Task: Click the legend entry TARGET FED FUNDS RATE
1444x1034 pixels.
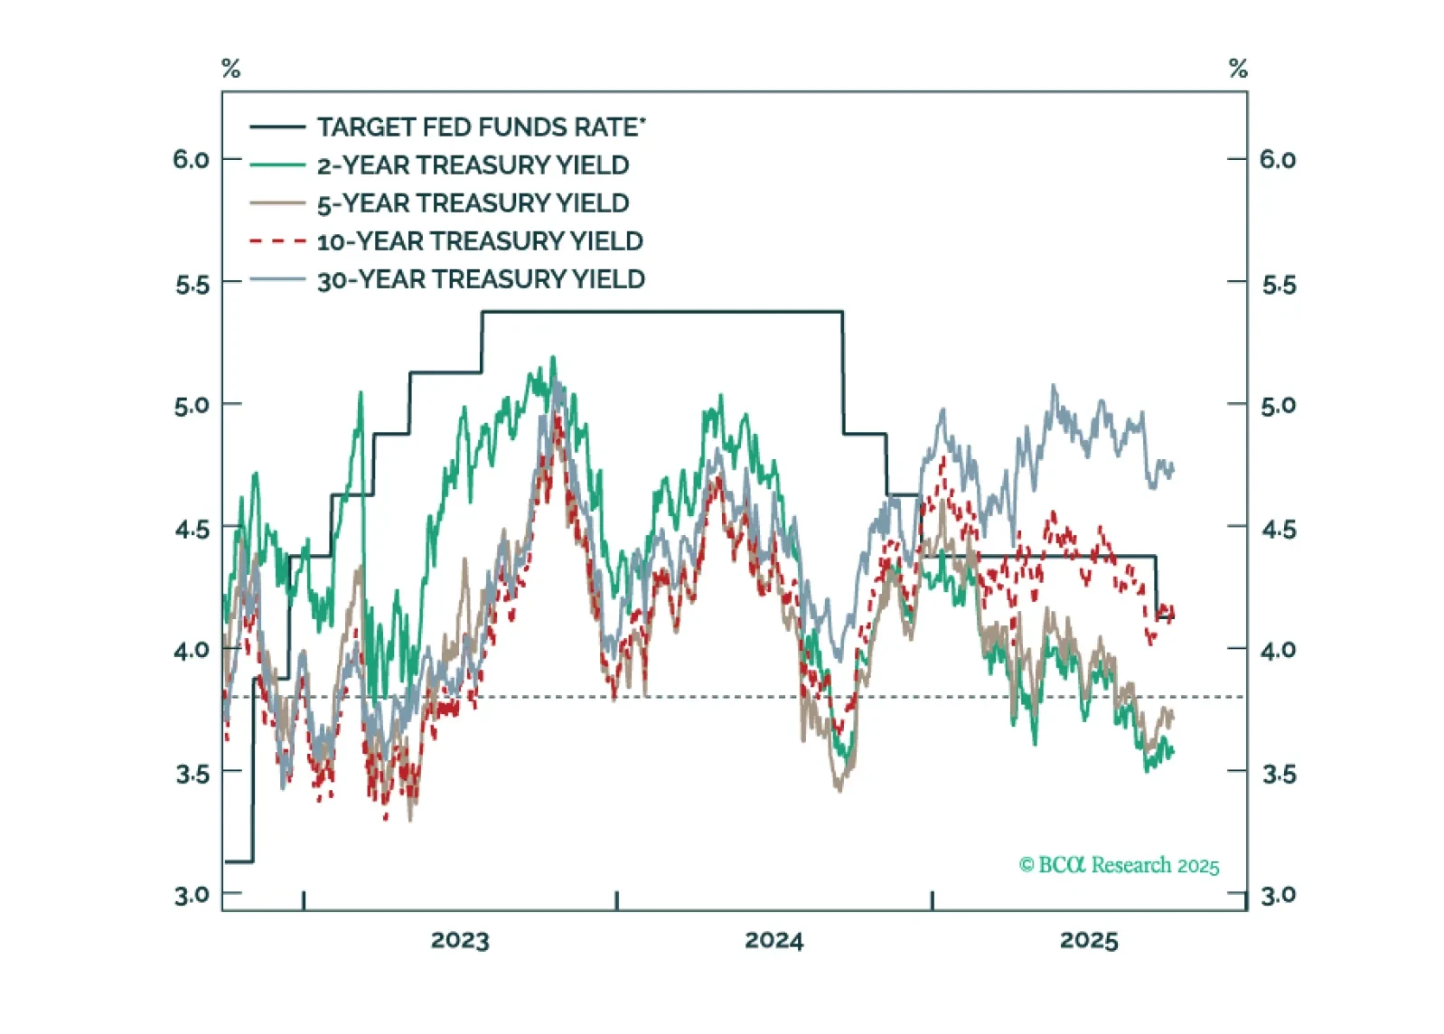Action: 481,127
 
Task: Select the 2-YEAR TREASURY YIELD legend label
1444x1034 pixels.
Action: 473,165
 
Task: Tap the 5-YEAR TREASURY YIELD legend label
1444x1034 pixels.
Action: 473,203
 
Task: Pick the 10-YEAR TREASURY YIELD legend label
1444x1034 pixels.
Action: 480,241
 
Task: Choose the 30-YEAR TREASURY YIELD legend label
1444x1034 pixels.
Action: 481,279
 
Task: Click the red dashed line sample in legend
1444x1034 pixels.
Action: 277,241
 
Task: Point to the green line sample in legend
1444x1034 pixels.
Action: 277,165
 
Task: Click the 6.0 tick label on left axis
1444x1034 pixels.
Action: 191,160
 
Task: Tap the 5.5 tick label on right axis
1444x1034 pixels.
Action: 1279,285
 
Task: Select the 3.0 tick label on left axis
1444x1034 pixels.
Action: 192,896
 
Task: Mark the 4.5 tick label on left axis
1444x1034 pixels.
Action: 192,529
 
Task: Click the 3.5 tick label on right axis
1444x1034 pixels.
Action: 1279,774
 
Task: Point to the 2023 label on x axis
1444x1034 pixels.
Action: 460,940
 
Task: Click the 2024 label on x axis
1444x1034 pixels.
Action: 774,940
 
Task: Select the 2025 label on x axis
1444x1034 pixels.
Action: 1089,940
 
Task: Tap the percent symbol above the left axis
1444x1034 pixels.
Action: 231,69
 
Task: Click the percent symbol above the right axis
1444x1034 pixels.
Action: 1238,69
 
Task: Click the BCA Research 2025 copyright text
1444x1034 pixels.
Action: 1119,865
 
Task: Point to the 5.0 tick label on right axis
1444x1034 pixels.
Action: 1279,405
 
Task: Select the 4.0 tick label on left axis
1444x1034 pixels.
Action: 192,650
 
